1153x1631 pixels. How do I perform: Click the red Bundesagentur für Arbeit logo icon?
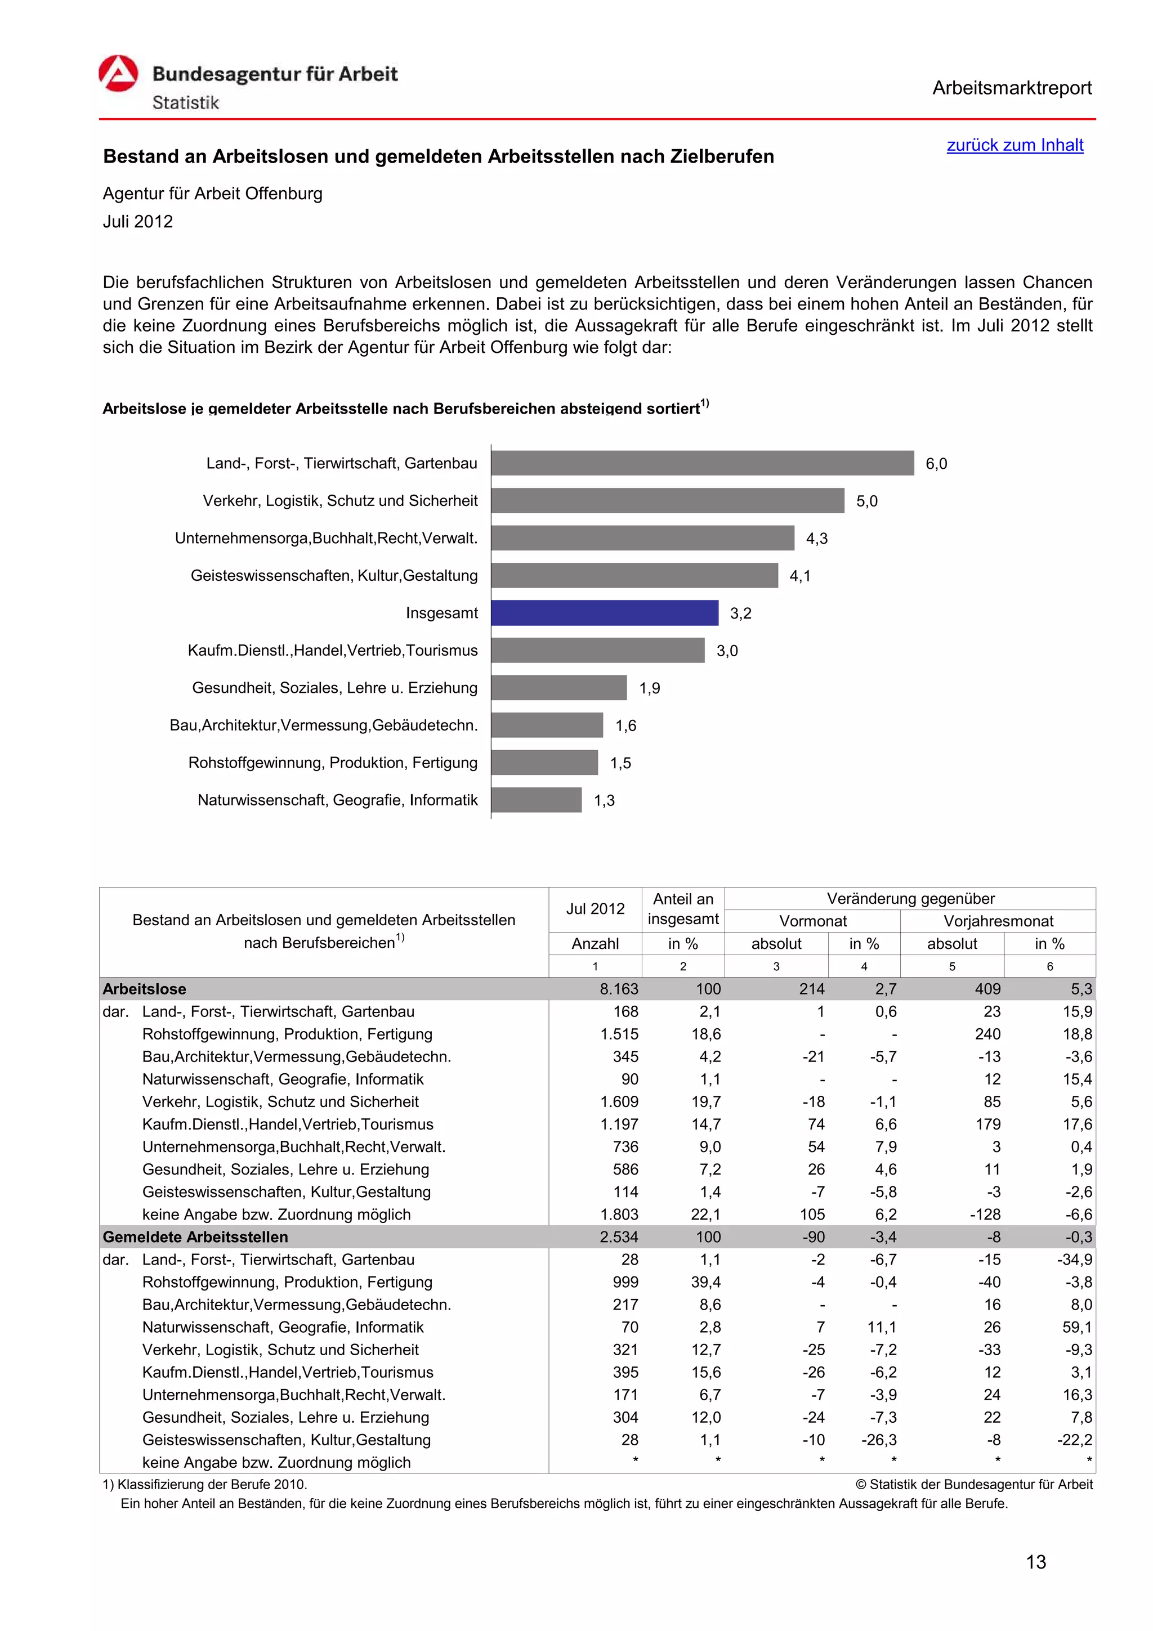click(x=118, y=74)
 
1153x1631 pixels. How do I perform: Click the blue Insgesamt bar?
click(x=604, y=612)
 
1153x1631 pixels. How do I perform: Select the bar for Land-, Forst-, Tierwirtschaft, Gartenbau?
click(x=702, y=463)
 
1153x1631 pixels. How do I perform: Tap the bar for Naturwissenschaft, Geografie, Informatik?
click(x=537, y=800)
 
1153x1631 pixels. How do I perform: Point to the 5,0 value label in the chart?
click(x=866, y=501)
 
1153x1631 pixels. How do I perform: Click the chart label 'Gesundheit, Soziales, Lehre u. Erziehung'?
click(x=334, y=688)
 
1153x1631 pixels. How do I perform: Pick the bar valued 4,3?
click(x=642, y=537)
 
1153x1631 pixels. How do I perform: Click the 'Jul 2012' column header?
click(x=595, y=908)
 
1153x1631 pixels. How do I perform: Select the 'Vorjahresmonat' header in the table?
click(x=998, y=921)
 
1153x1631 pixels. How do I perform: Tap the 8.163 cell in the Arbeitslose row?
click(x=619, y=989)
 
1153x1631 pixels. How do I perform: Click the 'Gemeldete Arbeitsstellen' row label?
click(x=195, y=1236)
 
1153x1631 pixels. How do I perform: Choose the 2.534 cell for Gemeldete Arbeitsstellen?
click(x=619, y=1236)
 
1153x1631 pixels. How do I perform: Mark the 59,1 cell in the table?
click(x=1077, y=1327)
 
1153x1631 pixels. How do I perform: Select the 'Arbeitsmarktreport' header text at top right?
click(x=1012, y=88)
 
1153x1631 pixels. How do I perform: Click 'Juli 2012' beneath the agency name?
click(x=138, y=222)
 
